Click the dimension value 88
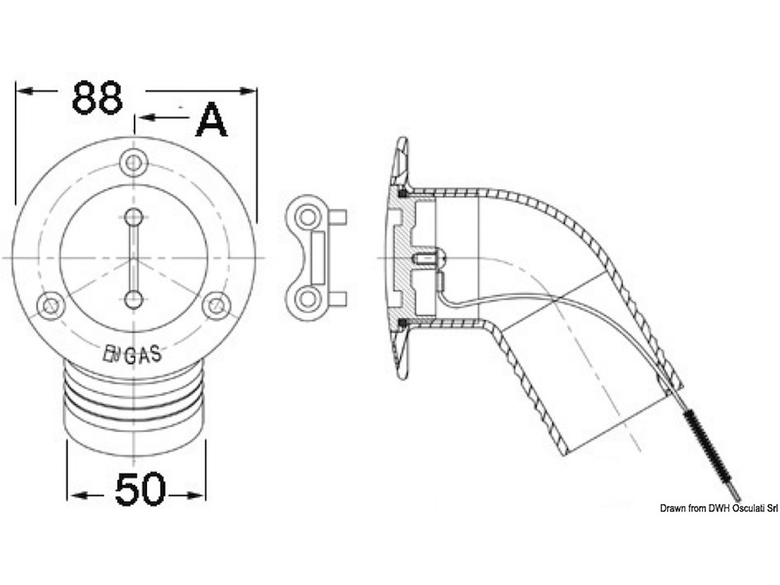(x=97, y=98)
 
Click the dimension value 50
(x=140, y=489)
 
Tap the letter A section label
(x=211, y=120)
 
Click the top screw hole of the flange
(x=134, y=163)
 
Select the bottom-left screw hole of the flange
(x=51, y=305)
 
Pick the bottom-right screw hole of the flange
(x=216, y=305)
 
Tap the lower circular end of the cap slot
(x=134, y=299)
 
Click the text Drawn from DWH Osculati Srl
(x=719, y=508)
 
